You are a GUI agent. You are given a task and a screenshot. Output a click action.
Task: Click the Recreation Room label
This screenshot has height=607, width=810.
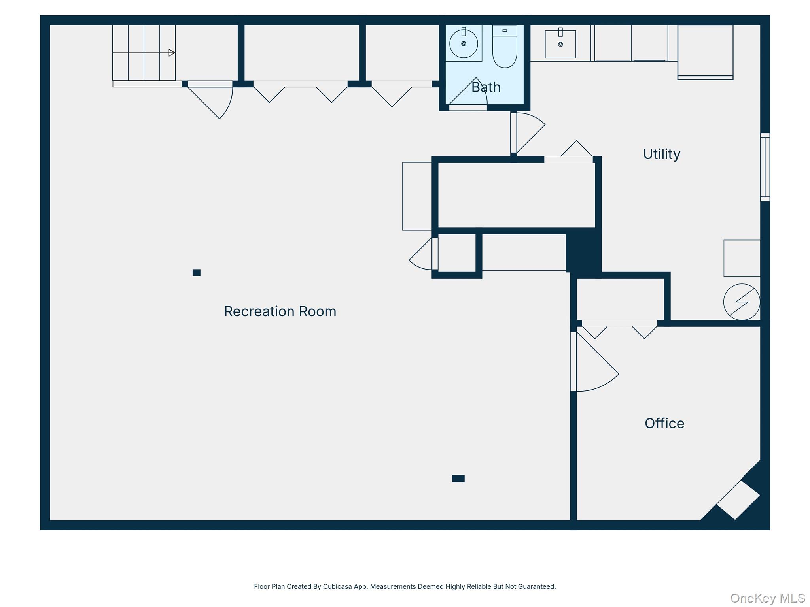click(x=280, y=311)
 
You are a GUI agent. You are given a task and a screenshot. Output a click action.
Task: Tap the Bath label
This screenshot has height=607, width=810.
click(x=486, y=87)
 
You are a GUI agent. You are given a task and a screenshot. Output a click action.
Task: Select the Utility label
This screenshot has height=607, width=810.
click(x=662, y=154)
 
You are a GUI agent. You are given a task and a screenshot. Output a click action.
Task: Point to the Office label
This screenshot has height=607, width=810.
click(x=664, y=424)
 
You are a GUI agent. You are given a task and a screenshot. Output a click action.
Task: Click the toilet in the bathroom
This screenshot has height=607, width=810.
click(x=505, y=46)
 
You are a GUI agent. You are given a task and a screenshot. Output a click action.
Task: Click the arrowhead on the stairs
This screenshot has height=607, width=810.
click(x=172, y=53)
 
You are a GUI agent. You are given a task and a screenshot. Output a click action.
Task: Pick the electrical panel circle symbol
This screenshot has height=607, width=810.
click(x=742, y=302)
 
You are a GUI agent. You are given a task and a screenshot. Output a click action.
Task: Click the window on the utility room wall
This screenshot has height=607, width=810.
click(x=765, y=167)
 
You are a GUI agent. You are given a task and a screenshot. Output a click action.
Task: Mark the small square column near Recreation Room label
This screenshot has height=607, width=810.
click(x=197, y=273)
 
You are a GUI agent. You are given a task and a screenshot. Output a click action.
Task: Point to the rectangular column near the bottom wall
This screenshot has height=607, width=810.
click(x=458, y=479)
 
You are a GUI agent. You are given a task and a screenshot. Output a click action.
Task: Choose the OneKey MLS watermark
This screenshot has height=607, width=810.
click(x=768, y=598)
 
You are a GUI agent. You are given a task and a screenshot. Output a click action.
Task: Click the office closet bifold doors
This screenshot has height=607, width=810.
click(x=620, y=330)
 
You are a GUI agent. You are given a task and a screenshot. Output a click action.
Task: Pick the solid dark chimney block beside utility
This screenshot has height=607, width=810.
click(x=584, y=253)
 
